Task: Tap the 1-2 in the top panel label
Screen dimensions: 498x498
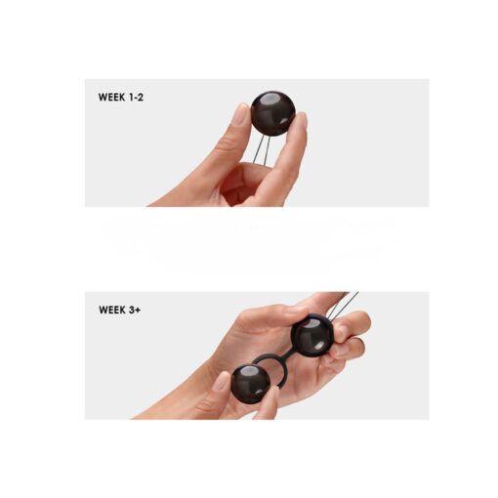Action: [143, 98]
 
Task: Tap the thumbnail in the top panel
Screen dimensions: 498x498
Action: [238, 115]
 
